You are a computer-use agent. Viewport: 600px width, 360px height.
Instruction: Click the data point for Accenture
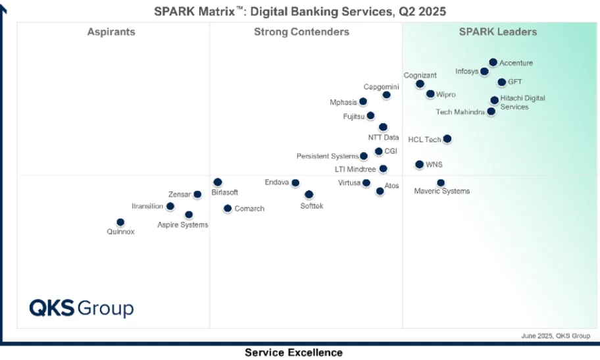tap(493, 63)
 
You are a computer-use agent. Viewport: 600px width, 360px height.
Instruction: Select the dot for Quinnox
tap(120, 222)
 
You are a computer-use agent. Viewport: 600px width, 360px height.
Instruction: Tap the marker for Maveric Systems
tap(441, 183)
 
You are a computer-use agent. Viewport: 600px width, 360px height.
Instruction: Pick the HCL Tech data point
tap(447, 139)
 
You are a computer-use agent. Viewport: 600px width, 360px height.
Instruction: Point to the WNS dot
tap(420, 165)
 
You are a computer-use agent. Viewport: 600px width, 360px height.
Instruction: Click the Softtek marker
tap(309, 195)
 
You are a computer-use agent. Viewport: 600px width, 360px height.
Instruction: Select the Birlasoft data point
tap(218, 182)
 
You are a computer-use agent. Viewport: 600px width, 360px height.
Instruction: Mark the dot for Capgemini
tap(386, 95)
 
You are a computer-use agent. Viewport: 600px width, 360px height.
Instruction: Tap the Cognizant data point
tap(420, 84)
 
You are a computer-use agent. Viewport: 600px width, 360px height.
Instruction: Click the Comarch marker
tap(228, 209)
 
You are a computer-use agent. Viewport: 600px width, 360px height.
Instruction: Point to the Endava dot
tap(295, 183)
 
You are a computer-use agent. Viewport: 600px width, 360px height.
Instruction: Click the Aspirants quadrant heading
tap(111, 32)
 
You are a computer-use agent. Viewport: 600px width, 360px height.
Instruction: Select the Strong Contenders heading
tap(301, 32)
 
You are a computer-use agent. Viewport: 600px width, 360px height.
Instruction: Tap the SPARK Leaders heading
tap(497, 32)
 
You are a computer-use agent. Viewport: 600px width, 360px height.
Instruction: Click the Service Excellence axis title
tap(293, 353)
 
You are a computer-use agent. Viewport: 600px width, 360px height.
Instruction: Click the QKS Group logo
tap(81, 308)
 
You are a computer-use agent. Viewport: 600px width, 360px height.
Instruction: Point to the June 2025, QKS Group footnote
tap(555, 336)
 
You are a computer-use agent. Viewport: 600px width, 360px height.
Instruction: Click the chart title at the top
tap(300, 11)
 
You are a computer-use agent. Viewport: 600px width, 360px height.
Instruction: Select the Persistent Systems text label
tap(327, 157)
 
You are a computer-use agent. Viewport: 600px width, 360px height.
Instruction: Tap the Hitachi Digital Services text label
tap(522, 102)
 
